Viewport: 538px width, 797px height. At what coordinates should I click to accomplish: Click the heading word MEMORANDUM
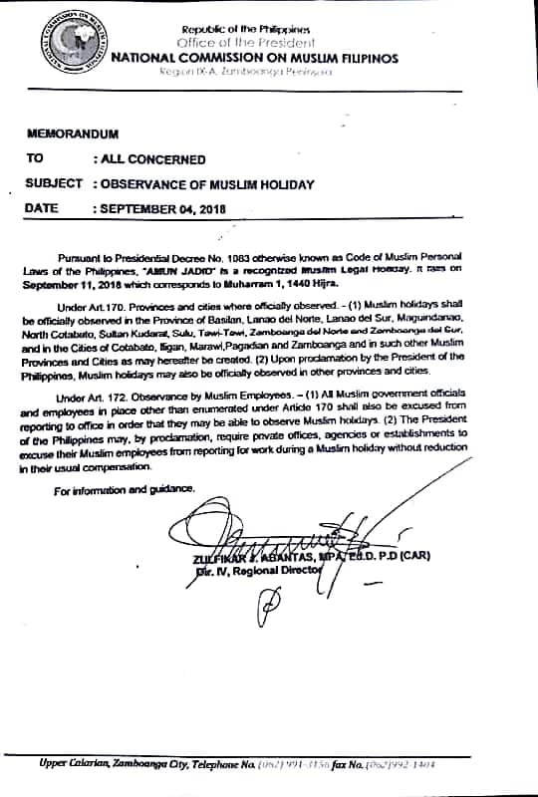72,133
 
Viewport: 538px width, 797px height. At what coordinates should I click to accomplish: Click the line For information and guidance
126,488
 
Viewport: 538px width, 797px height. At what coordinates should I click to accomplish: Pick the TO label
36,158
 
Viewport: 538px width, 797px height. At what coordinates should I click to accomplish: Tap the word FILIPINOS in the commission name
365,59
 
